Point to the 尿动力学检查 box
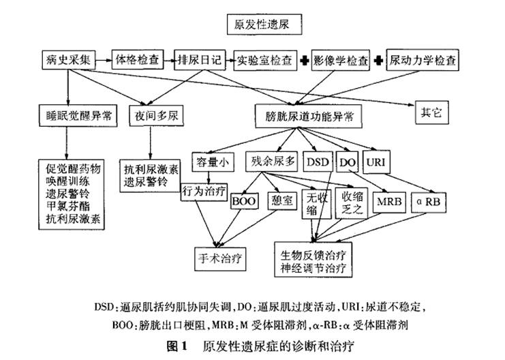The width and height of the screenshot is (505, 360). coord(423,60)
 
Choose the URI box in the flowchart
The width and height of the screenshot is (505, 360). coord(376,162)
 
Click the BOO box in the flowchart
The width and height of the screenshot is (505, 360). coord(243,202)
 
